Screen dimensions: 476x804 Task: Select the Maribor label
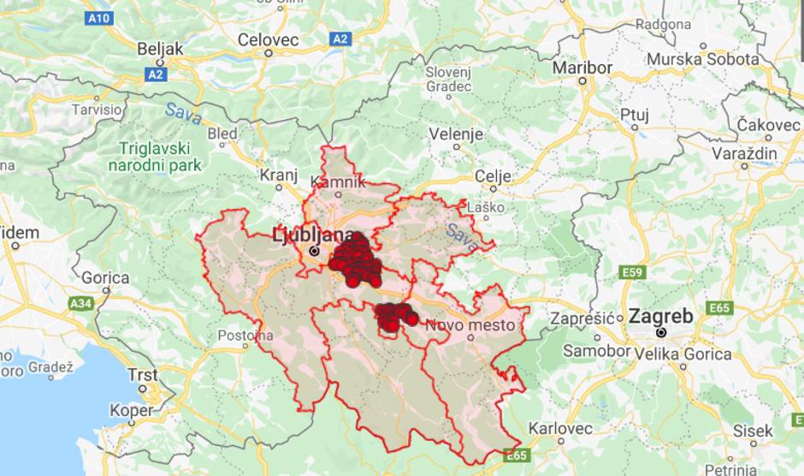(582, 68)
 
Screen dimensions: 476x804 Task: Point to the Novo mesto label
(470, 324)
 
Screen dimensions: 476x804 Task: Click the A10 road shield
(99, 17)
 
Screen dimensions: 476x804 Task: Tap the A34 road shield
(81, 303)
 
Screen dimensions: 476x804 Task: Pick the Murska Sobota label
(703, 59)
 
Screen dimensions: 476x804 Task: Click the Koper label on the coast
(132, 410)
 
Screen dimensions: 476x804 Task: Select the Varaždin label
(744, 153)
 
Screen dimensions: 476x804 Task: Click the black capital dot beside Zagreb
(661, 332)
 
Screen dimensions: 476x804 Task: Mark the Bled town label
(223, 134)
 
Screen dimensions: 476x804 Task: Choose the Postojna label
(245, 335)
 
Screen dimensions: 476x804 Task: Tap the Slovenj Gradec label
(448, 79)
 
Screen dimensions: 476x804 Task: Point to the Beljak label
(159, 49)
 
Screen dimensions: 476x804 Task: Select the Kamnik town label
(338, 181)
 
